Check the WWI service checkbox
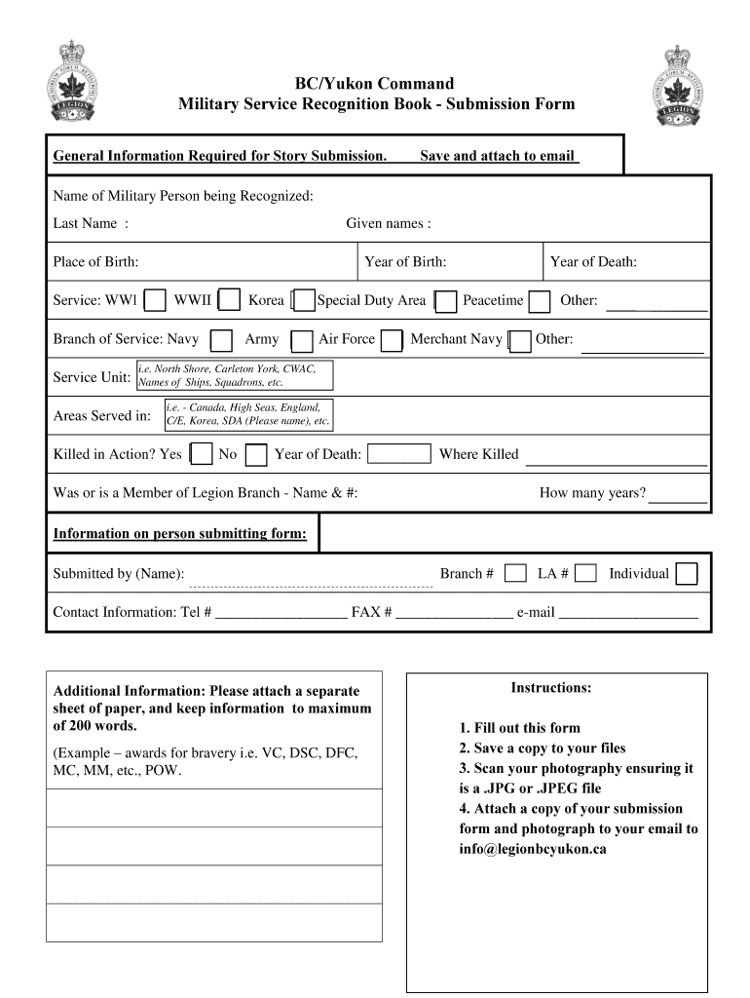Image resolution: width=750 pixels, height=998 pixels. coord(155,301)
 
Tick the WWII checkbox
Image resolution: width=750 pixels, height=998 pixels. coord(230,301)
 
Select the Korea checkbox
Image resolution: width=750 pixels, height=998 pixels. coord(304,301)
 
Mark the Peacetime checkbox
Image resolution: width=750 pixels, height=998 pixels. coord(540,301)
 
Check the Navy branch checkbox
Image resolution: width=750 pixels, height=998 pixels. coord(222,340)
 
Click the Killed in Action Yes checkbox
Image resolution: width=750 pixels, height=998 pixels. coord(202,454)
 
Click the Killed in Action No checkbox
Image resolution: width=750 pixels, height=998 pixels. coord(256,454)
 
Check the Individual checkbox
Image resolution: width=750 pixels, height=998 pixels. coord(687,574)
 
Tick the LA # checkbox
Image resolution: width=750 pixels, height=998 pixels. coord(585,574)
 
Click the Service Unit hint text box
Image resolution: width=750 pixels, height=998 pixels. coord(234,376)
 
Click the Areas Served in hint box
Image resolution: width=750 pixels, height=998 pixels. coord(248,414)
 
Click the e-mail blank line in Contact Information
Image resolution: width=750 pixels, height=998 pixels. coord(628,613)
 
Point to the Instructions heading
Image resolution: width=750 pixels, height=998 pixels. coord(551,688)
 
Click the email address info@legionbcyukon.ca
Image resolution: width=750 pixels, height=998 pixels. coord(533,849)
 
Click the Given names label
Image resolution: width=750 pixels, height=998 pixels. coord(388,224)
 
